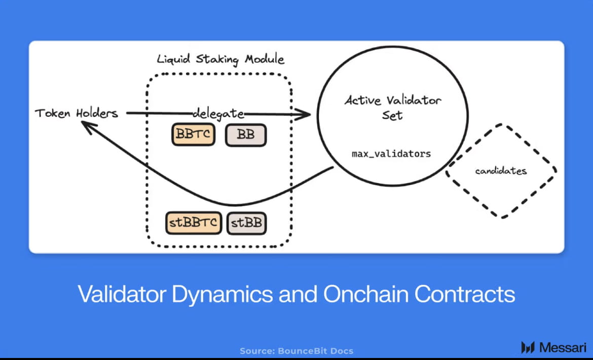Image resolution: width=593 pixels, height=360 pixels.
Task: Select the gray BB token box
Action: (246, 135)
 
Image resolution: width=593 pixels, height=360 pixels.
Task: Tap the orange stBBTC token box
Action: (194, 223)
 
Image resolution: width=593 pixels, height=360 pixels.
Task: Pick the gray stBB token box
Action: (247, 223)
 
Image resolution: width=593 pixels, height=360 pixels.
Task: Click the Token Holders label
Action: (76, 113)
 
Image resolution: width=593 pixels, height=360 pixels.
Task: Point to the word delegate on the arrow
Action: (218, 113)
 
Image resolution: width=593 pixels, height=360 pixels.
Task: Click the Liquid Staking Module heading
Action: (220, 59)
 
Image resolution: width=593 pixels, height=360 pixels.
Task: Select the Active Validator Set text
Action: (393, 107)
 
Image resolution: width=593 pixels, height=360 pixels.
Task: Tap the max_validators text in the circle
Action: (391, 153)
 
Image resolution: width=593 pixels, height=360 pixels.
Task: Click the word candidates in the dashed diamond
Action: (501, 171)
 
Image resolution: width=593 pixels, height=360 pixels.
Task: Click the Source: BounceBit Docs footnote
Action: (296, 351)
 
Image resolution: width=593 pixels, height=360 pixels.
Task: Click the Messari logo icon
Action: (528, 347)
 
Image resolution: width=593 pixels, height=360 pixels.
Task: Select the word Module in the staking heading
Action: (265, 59)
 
